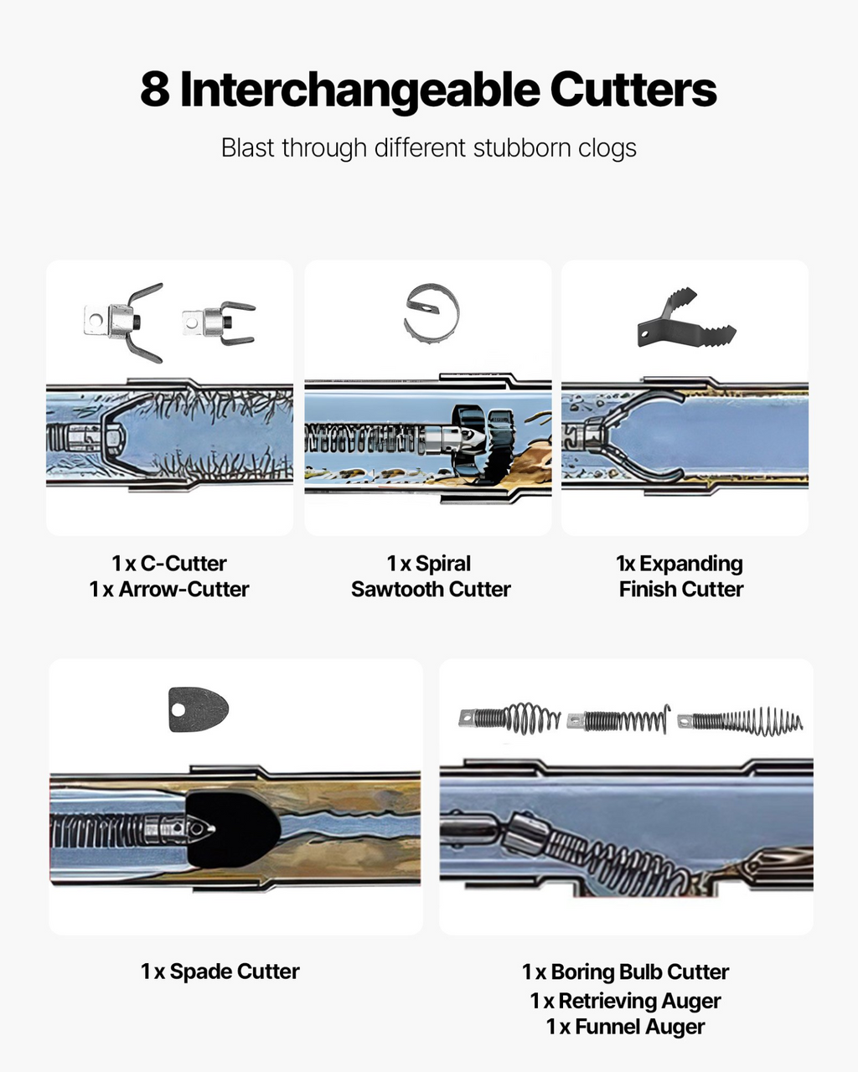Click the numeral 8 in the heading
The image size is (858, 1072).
point(154,89)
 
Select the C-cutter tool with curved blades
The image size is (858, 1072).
point(123,322)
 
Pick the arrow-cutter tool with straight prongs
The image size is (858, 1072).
point(219,322)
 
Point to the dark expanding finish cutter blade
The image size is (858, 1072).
point(687,317)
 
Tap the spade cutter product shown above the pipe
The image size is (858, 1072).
point(199,709)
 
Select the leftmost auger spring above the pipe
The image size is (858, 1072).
point(509,719)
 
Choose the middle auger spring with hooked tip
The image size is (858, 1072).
point(618,719)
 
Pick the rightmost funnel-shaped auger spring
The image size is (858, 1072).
point(741,721)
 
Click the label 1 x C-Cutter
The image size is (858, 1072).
point(169,564)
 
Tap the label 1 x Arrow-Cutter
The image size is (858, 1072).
point(169,590)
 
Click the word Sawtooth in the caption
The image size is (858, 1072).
point(397,590)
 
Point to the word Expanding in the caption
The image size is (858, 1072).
point(691,564)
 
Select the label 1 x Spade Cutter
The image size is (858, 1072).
point(220,971)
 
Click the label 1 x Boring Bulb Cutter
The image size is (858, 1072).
point(625,971)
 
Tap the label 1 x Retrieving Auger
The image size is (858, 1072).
point(625,1001)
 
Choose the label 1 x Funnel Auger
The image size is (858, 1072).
point(625,1027)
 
